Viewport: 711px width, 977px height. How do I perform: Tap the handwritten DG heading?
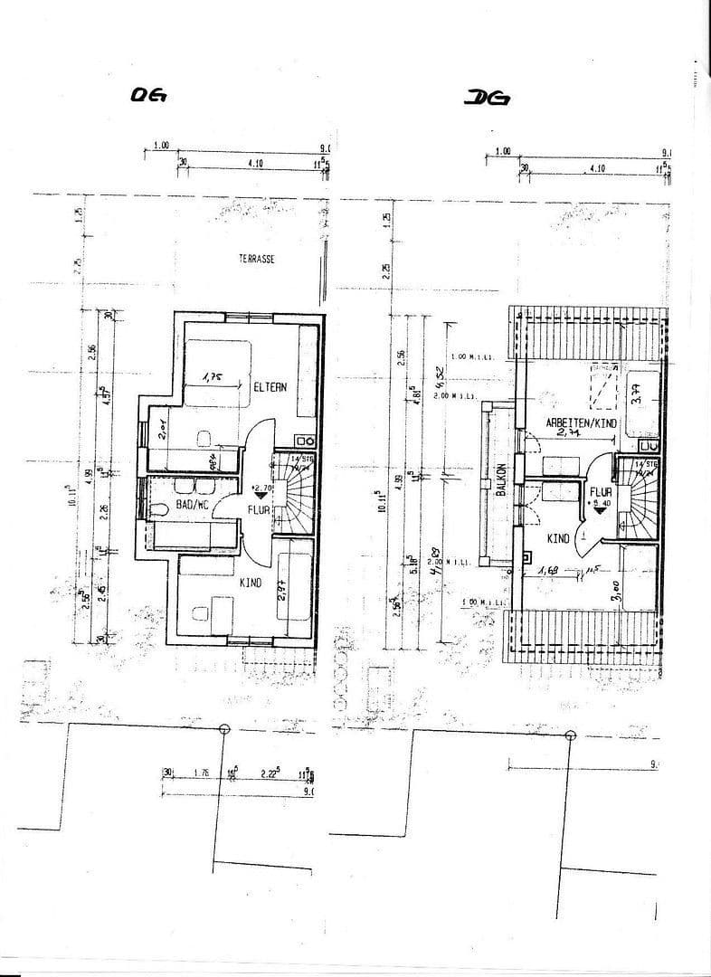point(487,98)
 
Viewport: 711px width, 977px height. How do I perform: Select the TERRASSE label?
point(257,258)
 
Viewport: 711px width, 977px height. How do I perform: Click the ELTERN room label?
point(270,386)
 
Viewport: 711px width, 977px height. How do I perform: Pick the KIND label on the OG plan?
point(250,583)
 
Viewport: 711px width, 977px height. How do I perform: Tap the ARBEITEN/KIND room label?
point(580,423)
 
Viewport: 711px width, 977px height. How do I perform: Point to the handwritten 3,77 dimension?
point(637,393)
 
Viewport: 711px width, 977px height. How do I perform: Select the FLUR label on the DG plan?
point(601,493)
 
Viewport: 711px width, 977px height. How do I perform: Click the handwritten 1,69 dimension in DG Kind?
point(546,571)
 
